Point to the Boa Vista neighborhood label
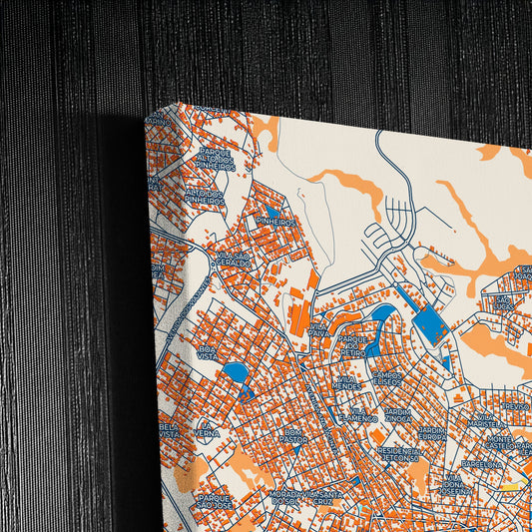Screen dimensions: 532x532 tap(207, 349)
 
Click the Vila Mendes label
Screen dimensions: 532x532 tap(347, 383)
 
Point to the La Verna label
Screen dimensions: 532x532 tap(207, 429)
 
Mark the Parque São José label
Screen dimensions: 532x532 tap(215, 498)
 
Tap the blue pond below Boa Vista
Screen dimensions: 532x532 tap(236, 372)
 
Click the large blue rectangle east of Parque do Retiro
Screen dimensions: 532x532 tap(429, 323)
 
